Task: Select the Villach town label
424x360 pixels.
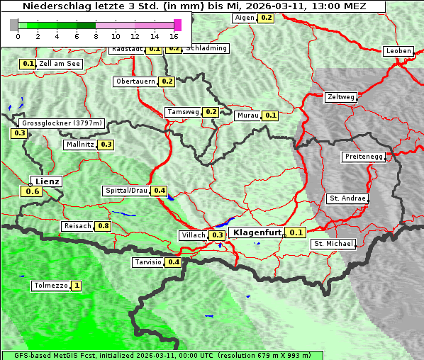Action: pos(193,235)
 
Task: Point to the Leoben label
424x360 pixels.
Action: pos(398,51)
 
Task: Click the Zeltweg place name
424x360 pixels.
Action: pos(340,97)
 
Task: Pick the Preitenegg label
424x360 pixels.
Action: pos(364,157)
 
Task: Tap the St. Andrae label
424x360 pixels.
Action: pos(347,198)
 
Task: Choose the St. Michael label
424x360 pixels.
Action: pos(333,244)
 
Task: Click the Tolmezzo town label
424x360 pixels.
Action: pos(50,286)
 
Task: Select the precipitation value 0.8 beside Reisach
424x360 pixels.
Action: pos(104,226)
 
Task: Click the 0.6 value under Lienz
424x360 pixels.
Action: pos(32,191)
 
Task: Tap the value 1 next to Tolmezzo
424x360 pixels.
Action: pos(77,286)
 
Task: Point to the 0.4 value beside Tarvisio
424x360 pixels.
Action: pos(174,262)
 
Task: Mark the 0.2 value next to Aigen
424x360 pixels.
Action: pos(266,17)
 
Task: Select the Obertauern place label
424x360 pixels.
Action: pos(135,81)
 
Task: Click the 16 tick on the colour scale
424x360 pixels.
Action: pos(174,36)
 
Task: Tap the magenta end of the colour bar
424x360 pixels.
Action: pos(177,26)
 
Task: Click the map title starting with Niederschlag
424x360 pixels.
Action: pos(193,6)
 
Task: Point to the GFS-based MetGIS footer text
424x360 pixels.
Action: pos(156,355)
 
